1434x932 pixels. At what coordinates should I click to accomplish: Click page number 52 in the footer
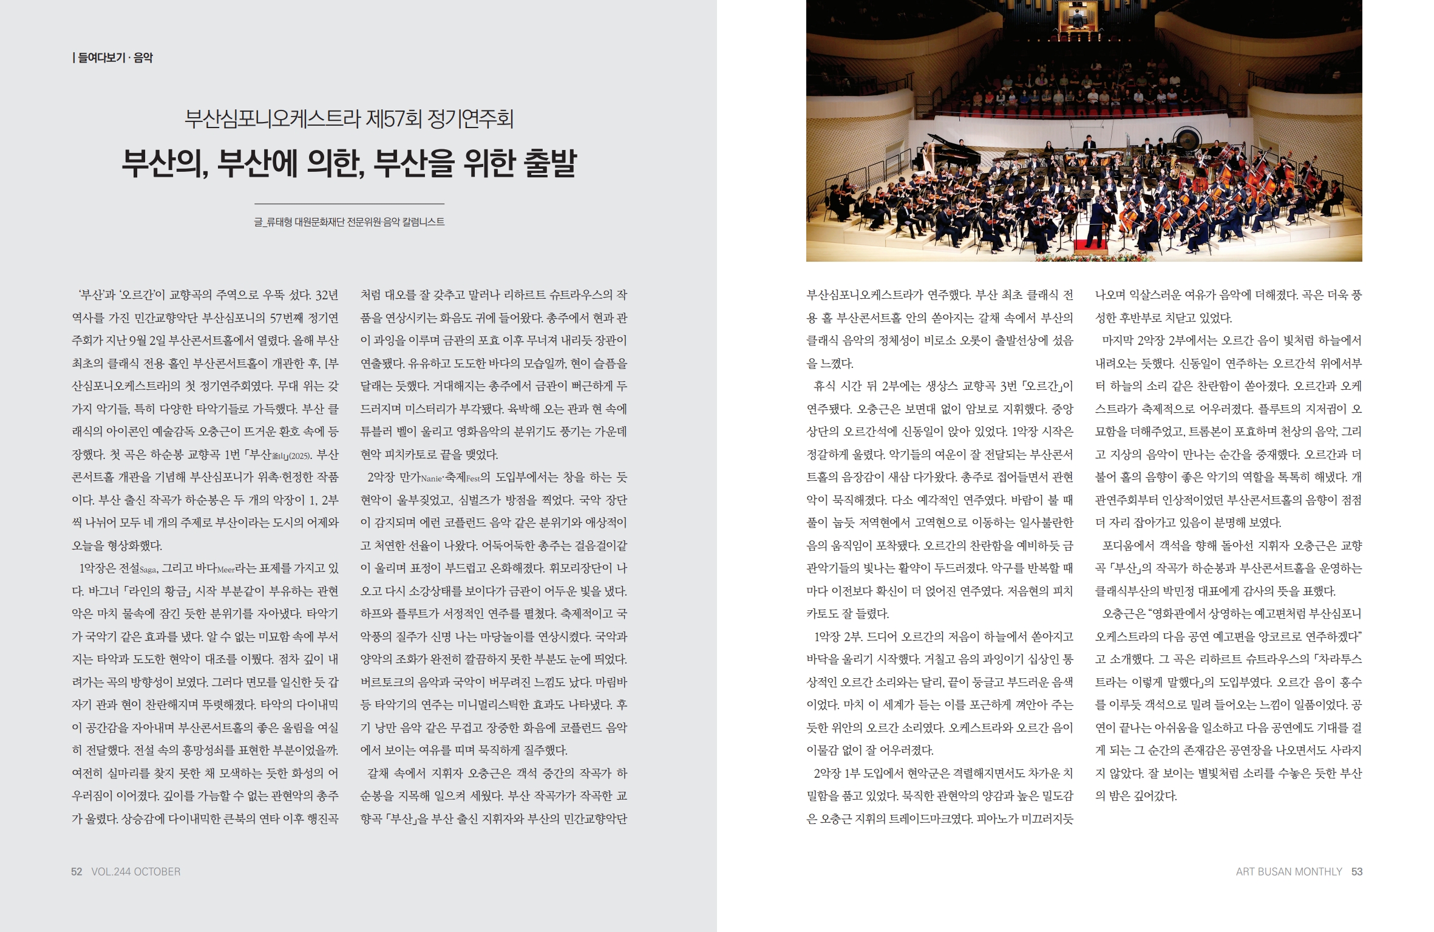coord(76,872)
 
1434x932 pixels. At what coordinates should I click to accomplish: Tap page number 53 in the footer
coord(1357,872)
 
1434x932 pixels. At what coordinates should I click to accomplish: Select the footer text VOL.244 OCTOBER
coord(136,872)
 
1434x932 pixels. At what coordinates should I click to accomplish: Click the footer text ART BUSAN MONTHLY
coord(1289,872)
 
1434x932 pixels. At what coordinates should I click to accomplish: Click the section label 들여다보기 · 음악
coord(115,58)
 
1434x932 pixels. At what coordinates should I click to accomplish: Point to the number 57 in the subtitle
coord(392,118)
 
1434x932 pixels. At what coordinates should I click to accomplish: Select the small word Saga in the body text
coord(149,570)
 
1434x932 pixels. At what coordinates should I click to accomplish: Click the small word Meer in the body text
coord(225,570)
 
